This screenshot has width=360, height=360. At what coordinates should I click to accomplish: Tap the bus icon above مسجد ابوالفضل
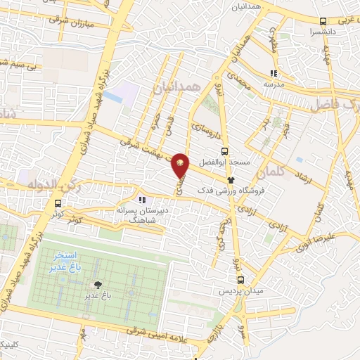tap(224, 150)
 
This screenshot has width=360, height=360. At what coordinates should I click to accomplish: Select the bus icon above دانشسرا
tap(323, 22)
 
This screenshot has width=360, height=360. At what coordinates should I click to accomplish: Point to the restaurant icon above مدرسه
tap(274, 72)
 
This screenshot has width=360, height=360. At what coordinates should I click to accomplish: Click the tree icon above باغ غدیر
tap(97, 285)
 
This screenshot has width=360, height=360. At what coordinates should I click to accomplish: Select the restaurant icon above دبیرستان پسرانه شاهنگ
tap(142, 200)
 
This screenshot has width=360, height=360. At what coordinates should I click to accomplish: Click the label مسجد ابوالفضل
tap(225, 162)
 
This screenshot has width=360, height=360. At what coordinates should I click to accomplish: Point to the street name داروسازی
tap(202, 131)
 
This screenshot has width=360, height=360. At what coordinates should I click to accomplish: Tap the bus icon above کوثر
tap(57, 205)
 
